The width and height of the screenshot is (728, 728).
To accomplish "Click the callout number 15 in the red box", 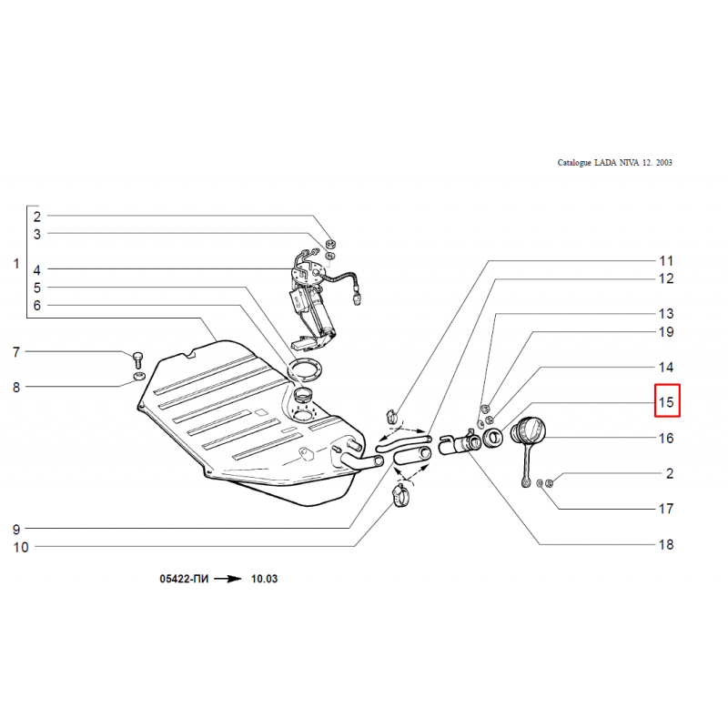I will (x=666, y=401).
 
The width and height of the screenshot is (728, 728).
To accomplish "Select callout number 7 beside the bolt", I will (x=15, y=352).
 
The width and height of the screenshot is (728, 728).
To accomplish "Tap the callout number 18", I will (x=666, y=545).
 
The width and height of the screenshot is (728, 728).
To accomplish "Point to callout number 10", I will (x=20, y=548).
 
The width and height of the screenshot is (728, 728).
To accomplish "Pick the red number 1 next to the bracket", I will (x=15, y=265).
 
